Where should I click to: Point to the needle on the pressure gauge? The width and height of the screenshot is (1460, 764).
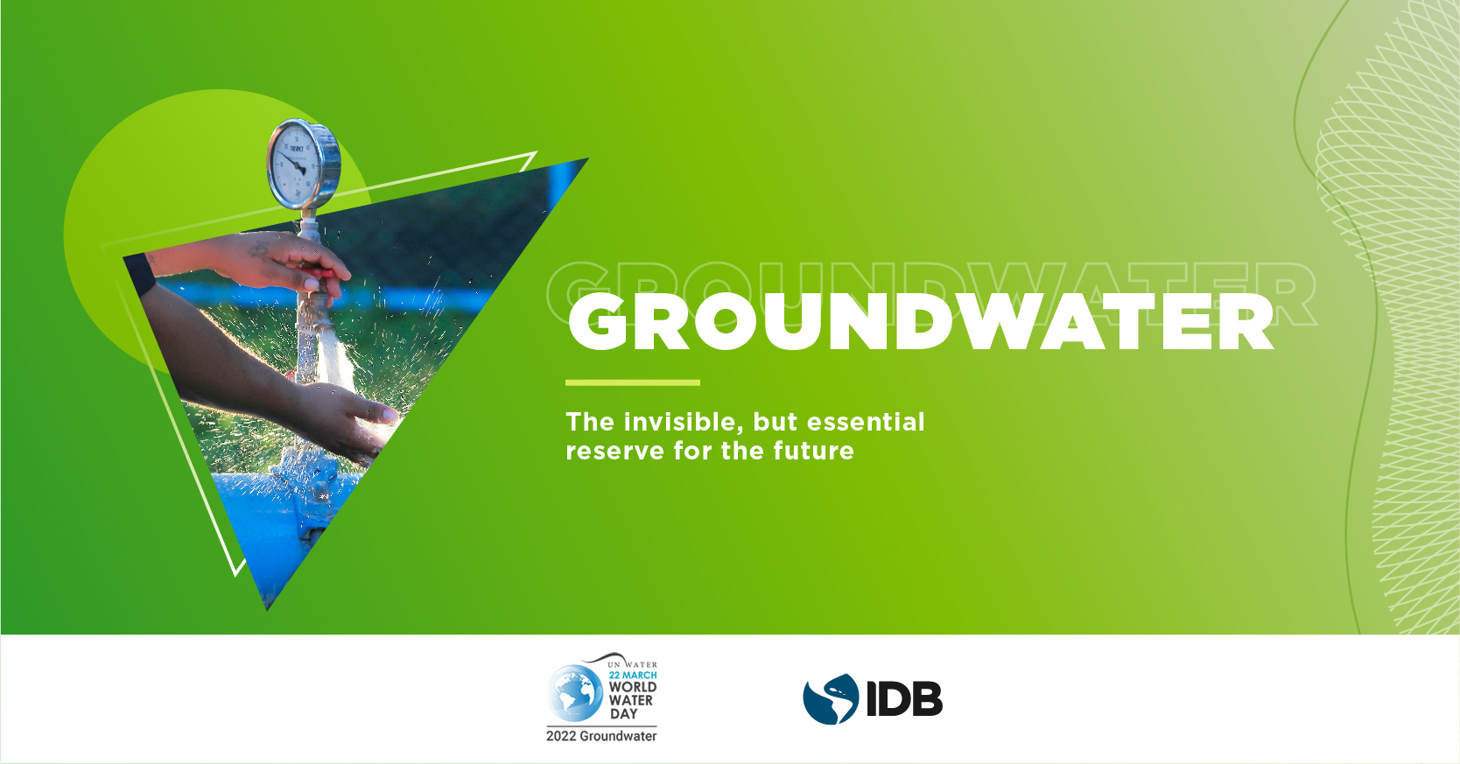pos(295,164)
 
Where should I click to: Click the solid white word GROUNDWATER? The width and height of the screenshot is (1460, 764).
pos(920,322)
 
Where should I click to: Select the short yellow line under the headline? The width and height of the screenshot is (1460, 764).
pos(632,382)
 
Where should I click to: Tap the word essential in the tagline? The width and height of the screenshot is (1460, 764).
pos(867,422)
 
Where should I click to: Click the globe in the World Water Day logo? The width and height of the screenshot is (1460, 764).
pos(576,693)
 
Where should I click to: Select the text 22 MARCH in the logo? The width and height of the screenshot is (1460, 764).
pos(632,675)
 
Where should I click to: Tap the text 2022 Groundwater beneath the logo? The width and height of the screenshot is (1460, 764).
pos(601,737)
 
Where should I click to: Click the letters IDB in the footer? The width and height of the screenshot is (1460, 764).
pos(905,699)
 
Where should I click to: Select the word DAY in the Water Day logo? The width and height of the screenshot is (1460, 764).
pos(624,714)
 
